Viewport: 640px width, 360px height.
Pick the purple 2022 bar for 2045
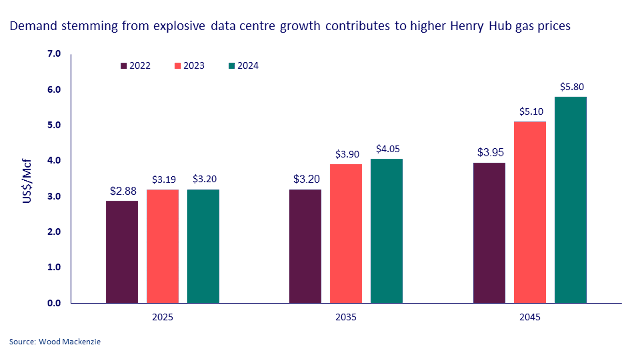(x=489, y=233)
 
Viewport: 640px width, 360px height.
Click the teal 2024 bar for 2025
(x=203, y=246)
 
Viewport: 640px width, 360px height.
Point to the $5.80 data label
(x=572, y=87)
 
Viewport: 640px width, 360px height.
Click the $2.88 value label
(x=123, y=191)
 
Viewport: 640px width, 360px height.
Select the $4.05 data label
(x=388, y=149)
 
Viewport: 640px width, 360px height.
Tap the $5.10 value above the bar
(x=531, y=112)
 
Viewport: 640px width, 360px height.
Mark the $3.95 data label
(x=490, y=153)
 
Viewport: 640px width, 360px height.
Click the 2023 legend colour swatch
(x=177, y=66)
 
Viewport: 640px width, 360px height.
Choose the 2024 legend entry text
(x=248, y=66)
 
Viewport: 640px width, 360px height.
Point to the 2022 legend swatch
(x=124, y=66)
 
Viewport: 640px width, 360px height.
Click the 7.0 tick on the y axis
(x=54, y=54)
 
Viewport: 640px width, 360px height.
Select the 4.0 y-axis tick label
(x=54, y=160)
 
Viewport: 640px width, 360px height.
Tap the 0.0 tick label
(x=54, y=303)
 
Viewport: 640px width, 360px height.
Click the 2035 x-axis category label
(x=346, y=317)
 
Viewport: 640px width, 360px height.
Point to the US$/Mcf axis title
(x=27, y=181)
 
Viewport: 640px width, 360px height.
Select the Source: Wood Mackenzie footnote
(x=55, y=342)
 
